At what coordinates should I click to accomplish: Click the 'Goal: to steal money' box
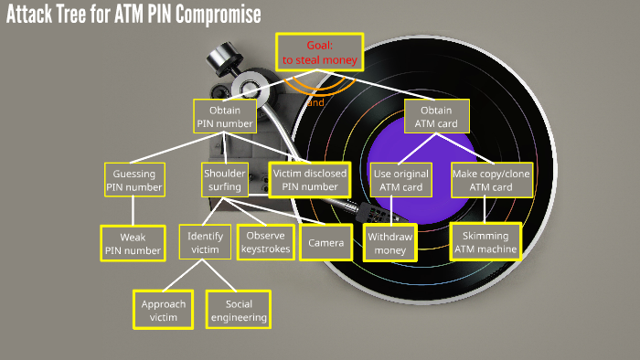click(x=319, y=52)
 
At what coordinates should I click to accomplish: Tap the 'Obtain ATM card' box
click(x=438, y=116)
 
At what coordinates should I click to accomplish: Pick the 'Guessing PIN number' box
click(x=134, y=179)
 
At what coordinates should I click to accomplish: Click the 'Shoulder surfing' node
click(x=223, y=179)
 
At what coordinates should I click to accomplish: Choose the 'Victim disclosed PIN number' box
click(x=310, y=179)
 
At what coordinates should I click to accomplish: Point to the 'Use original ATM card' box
click(x=400, y=179)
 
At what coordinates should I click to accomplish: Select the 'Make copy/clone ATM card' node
click(x=492, y=179)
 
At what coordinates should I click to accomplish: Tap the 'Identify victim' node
click(x=205, y=242)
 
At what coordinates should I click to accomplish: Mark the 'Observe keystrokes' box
click(x=266, y=242)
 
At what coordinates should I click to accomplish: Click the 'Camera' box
click(x=325, y=243)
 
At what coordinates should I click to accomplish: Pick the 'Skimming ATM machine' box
click(x=485, y=242)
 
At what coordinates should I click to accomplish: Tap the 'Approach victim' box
click(x=164, y=310)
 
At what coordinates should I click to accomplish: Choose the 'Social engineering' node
click(x=239, y=310)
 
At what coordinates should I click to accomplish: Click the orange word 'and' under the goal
click(x=315, y=102)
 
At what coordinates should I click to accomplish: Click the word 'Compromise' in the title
click(x=211, y=16)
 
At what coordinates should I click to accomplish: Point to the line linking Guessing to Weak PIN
click(x=134, y=211)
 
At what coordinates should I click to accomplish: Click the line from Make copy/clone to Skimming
click(x=490, y=210)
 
